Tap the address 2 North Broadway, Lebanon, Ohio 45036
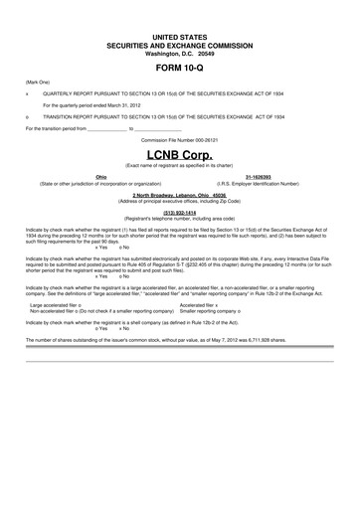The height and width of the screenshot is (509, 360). [179, 195]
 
